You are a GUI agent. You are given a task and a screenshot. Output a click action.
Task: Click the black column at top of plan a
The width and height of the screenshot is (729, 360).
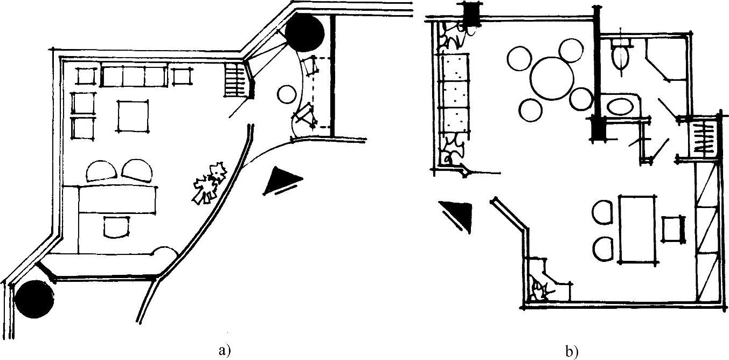coord(305,33)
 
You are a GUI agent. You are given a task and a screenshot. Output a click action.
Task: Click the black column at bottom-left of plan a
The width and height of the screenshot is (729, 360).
coord(34,300)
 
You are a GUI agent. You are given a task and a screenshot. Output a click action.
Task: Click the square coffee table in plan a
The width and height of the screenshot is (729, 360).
coord(133,116)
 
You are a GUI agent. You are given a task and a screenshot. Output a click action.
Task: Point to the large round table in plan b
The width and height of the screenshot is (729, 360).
coord(551,78)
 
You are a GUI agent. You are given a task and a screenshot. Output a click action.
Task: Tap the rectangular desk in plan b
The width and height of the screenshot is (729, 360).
coord(640,229)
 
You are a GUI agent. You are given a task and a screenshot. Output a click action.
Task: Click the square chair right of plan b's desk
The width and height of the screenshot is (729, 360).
coord(673,229)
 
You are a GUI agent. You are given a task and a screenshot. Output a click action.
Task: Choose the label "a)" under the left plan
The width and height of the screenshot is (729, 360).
coord(225,351)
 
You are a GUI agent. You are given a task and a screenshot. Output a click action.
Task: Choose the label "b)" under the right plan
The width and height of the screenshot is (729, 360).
coord(572,352)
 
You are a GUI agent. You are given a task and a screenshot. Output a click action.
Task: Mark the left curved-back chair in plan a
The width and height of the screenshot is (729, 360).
coord(101,171)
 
